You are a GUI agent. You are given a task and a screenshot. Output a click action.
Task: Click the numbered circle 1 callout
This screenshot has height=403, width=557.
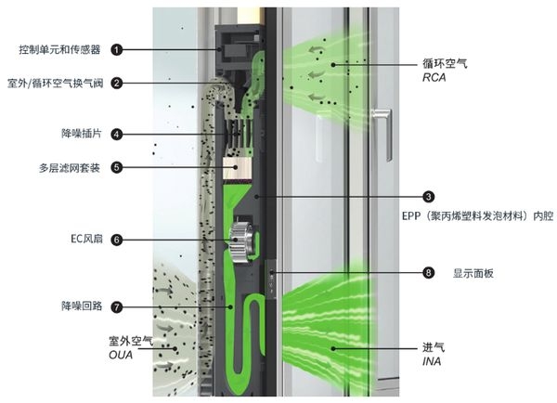pos(117,48)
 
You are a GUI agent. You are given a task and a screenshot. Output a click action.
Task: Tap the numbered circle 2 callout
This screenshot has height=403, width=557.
pos(117,83)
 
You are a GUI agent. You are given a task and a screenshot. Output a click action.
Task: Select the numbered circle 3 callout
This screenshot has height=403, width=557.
pos(429,197)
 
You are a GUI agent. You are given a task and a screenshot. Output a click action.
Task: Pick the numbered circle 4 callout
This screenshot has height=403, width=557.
pos(117,134)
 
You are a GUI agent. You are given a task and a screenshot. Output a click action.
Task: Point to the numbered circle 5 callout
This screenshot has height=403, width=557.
pos(117,168)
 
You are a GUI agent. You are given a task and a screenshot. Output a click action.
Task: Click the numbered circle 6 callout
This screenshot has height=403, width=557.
pos(117,240)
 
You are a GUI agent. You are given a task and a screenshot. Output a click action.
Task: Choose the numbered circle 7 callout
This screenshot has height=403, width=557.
pos(117,305)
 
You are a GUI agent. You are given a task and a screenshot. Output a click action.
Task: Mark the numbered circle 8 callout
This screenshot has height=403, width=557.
pos(429,273)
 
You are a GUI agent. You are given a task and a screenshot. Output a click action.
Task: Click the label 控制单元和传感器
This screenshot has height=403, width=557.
pos(58,48)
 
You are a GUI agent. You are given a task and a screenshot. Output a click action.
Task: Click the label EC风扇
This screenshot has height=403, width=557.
pos(84,240)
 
